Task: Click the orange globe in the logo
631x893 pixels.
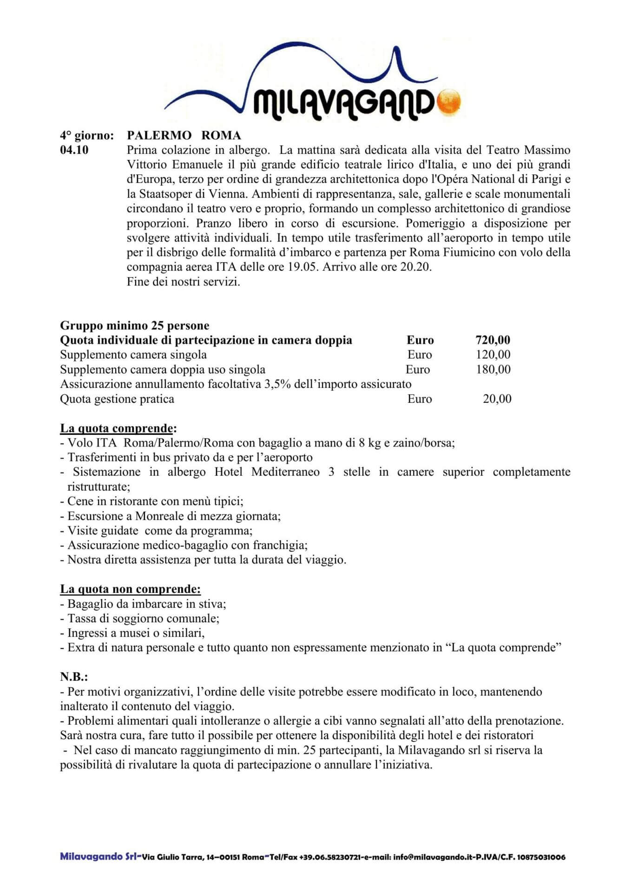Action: tap(448, 100)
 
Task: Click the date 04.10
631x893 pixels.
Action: tap(74, 150)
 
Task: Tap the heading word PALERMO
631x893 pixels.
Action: tap(159, 135)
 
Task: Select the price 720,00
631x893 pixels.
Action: tap(493, 340)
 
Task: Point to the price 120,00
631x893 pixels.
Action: tap(493, 354)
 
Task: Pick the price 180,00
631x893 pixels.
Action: tap(493, 369)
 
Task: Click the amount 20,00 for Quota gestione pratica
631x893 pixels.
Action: tap(497, 399)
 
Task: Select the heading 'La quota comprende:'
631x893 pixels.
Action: tap(118, 428)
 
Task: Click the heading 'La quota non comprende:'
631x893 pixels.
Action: tap(130, 589)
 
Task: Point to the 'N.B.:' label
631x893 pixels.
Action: tap(74, 677)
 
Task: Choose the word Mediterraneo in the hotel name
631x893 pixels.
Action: tap(285, 472)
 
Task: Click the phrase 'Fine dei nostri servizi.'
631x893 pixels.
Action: tap(183, 281)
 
